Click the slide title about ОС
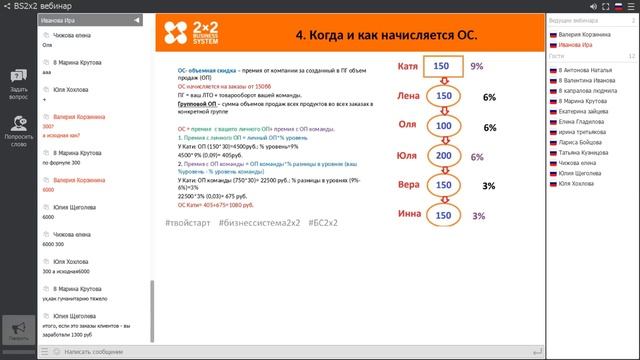(386, 36)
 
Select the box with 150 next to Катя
(442, 67)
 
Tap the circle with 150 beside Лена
(442, 97)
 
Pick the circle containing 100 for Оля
(442, 127)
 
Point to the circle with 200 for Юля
(442, 156)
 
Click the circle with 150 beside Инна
(442, 215)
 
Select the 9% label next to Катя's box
(477, 67)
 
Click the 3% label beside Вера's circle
(489, 186)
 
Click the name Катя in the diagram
(407, 67)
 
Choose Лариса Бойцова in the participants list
(581, 142)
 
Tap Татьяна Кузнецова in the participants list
(585, 152)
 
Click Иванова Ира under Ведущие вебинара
(576, 45)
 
